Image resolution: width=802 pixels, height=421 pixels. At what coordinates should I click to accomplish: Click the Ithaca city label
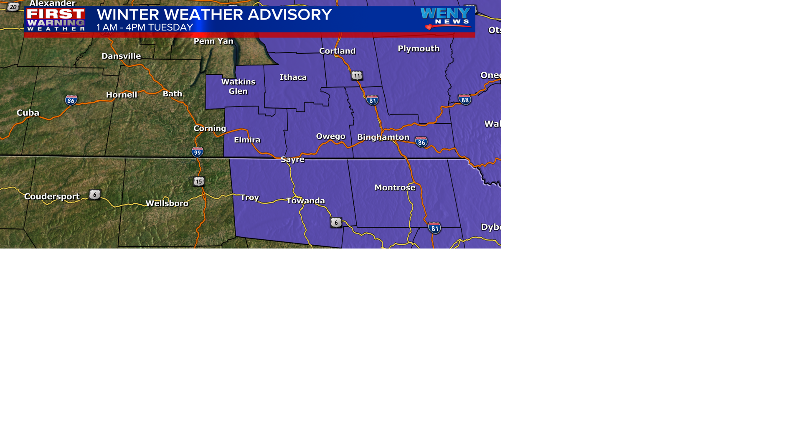(x=293, y=77)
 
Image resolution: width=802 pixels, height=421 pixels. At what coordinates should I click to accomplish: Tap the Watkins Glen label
(x=238, y=86)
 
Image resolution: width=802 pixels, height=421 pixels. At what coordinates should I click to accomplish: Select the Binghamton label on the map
(x=383, y=137)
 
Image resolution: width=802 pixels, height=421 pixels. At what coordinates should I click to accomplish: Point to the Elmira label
(x=247, y=140)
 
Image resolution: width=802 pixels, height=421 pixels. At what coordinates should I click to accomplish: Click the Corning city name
(x=210, y=129)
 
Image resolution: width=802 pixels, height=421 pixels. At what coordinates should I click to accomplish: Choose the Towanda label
(x=305, y=201)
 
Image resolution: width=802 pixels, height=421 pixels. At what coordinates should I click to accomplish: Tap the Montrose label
(x=395, y=188)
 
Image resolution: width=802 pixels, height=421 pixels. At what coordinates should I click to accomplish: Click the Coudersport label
(x=52, y=197)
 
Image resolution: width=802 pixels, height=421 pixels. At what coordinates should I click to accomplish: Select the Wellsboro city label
(x=167, y=204)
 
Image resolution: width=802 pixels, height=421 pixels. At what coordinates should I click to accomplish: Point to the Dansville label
(x=121, y=56)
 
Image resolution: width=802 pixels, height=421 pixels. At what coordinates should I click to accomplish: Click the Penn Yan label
(x=213, y=41)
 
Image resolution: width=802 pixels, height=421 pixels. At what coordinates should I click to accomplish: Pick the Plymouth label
(x=419, y=49)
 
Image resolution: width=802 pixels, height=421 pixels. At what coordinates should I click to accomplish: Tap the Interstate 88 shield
(x=464, y=99)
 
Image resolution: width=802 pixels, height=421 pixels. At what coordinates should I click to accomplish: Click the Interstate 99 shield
(x=198, y=152)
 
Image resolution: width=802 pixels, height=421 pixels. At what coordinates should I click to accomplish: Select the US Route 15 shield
(x=199, y=181)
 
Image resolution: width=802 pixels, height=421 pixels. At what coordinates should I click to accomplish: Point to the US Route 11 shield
(x=357, y=76)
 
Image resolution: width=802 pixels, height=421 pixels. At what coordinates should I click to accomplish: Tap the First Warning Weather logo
(x=56, y=19)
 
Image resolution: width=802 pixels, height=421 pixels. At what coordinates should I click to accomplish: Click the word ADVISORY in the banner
(x=289, y=15)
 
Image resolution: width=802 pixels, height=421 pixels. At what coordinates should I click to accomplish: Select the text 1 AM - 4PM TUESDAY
(x=145, y=28)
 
